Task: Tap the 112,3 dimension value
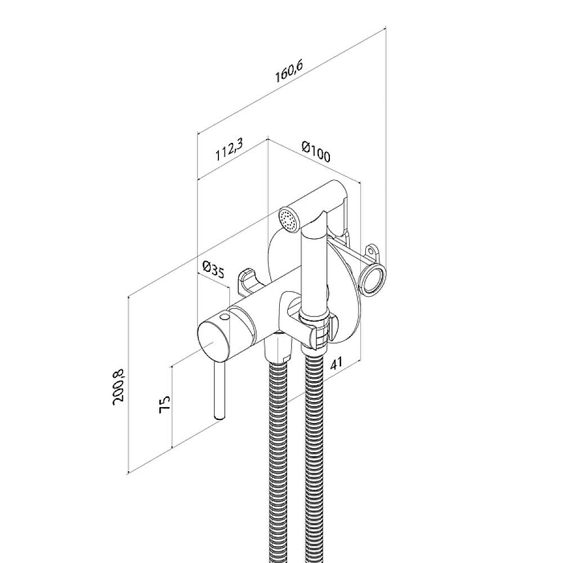[230, 150]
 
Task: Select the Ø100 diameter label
[316, 151]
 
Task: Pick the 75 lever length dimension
[164, 404]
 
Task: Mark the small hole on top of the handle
[225, 316]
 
